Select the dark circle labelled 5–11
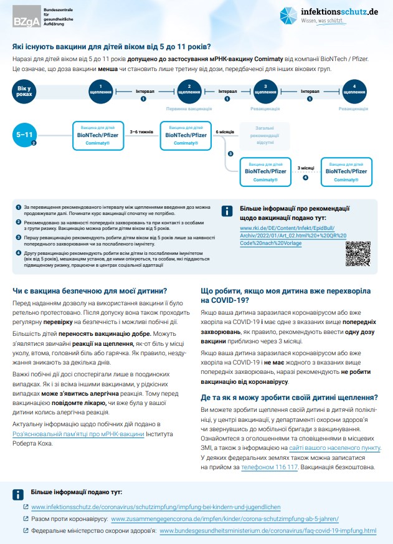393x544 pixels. pos(28,133)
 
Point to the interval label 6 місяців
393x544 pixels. pos(224,132)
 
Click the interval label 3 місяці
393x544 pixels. pos(305,168)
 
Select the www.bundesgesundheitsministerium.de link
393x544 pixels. pos(268,531)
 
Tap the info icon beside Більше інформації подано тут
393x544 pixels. pos(19,495)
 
